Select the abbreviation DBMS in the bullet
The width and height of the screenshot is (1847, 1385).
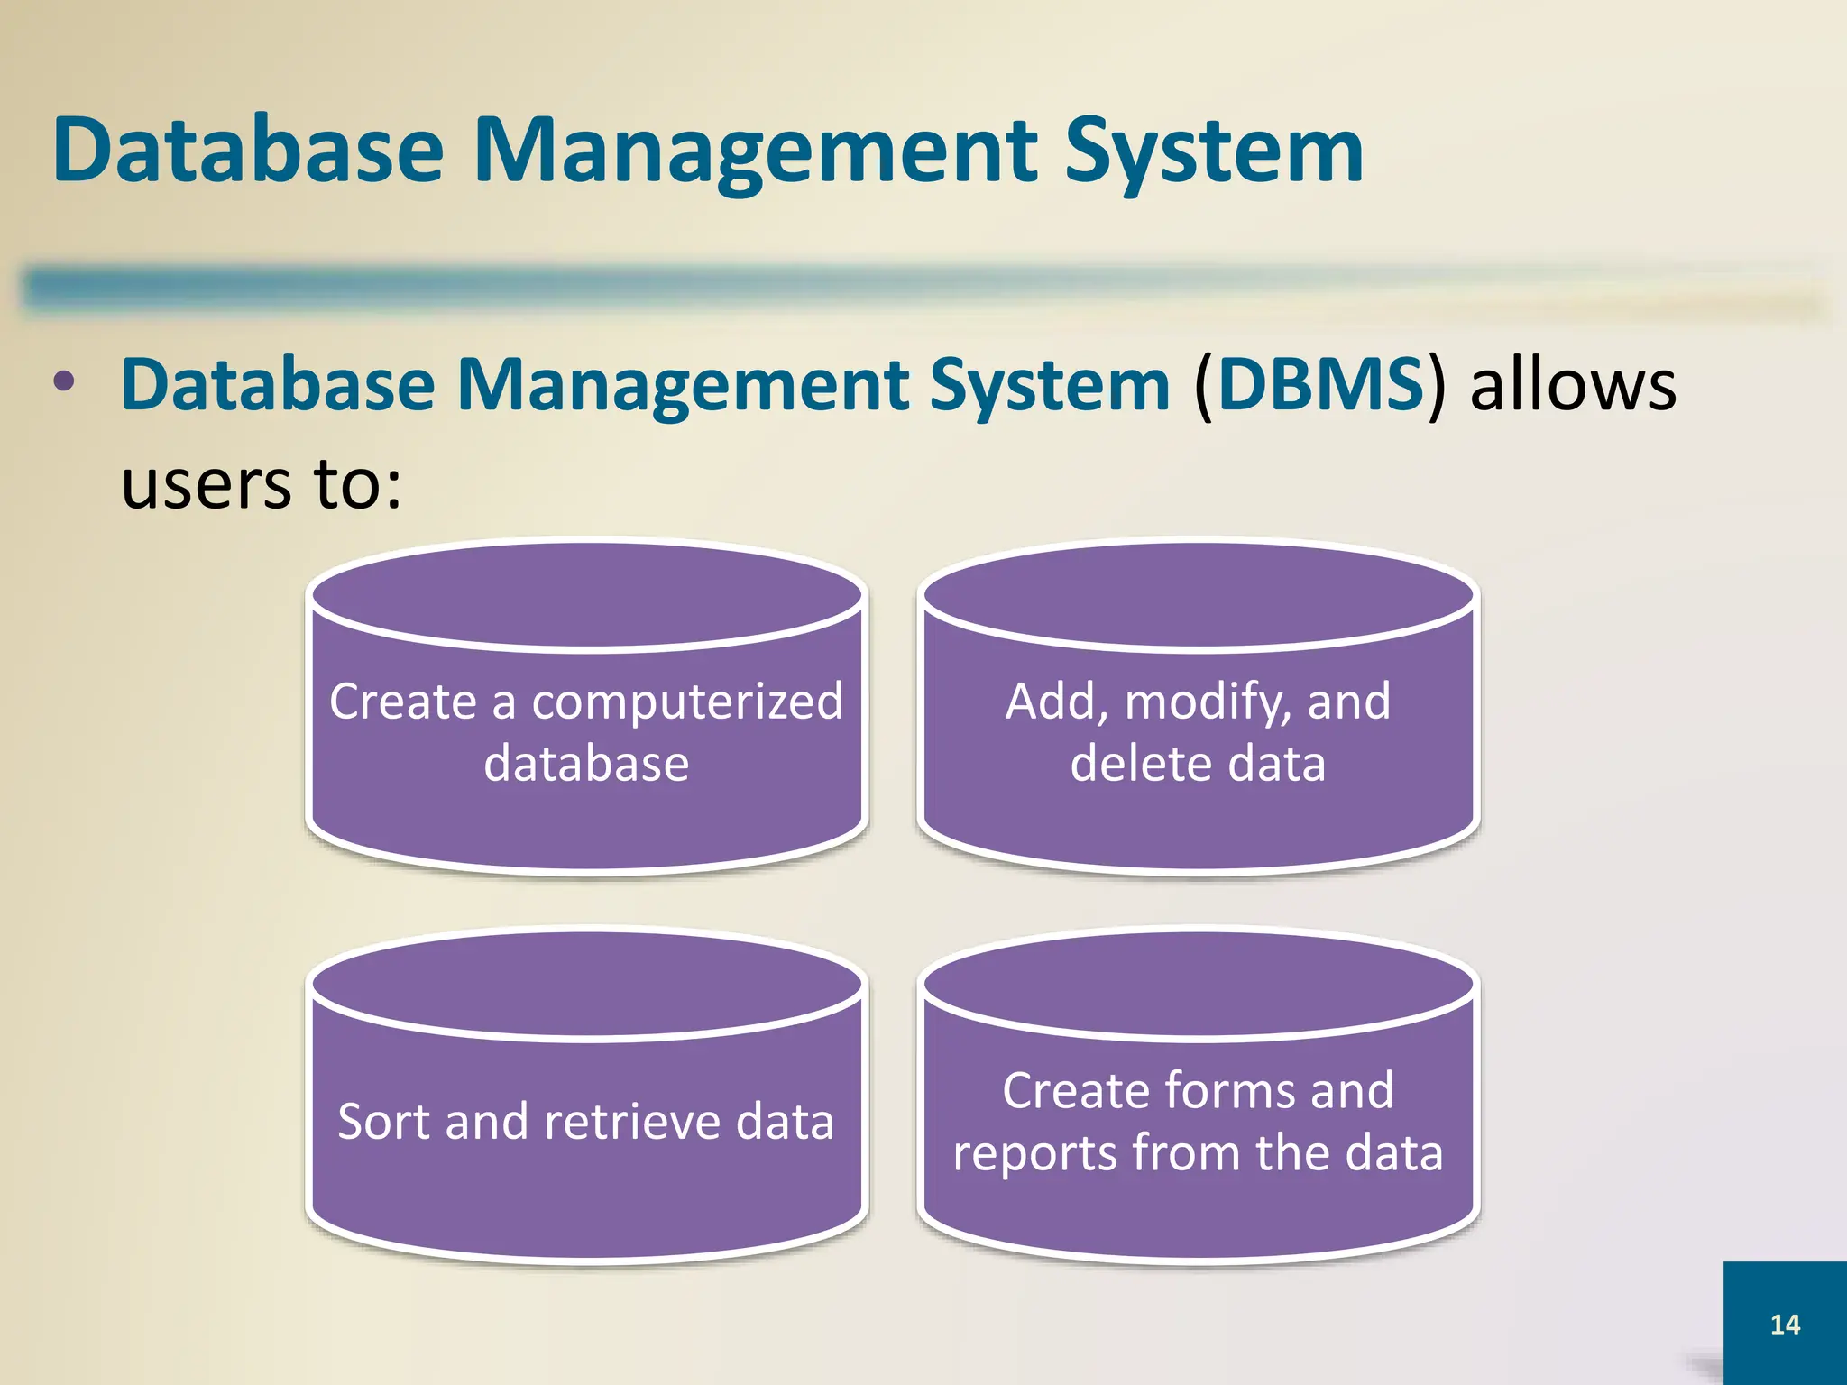point(1320,385)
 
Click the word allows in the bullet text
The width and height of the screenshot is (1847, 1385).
point(1573,386)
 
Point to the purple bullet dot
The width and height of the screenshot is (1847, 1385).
point(64,381)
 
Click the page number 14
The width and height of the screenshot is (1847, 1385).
point(1785,1324)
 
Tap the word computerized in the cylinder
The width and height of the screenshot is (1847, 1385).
point(687,702)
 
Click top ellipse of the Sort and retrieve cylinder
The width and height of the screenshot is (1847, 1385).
point(586,985)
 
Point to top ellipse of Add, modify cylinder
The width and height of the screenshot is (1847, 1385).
point(1199,595)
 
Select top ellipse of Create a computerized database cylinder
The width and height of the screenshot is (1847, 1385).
point(586,595)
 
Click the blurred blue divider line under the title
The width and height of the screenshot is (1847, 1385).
point(631,287)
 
